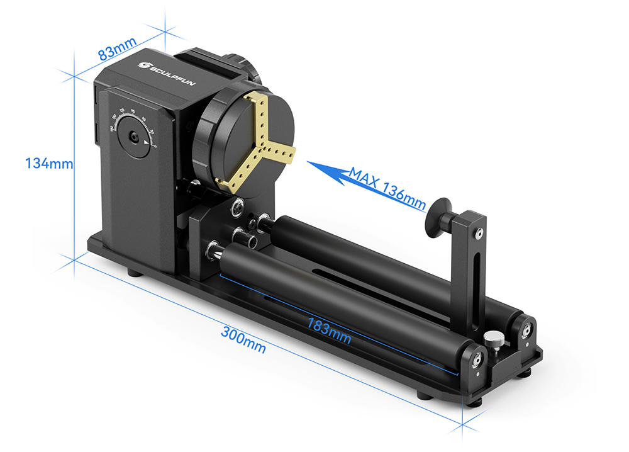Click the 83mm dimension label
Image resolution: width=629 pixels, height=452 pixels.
(x=118, y=50)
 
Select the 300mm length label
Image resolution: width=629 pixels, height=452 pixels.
(x=243, y=339)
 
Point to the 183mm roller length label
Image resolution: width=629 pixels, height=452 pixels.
(x=329, y=330)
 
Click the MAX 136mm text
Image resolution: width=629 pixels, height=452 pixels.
(x=387, y=187)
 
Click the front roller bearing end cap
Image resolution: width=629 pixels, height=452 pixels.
(x=477, y=358)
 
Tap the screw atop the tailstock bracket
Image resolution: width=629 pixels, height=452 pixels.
(x=479, y=234)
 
